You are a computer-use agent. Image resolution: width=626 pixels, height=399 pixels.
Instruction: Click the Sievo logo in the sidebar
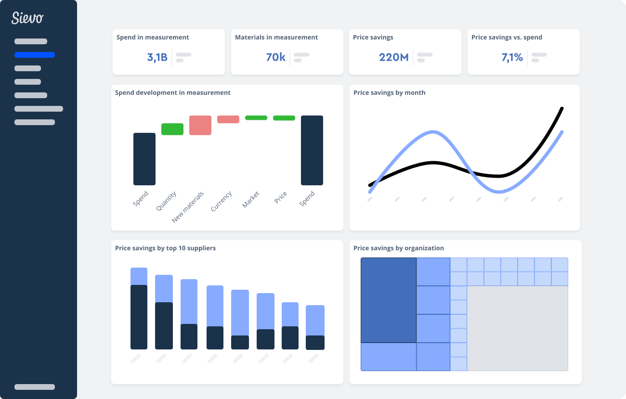click(27, 18)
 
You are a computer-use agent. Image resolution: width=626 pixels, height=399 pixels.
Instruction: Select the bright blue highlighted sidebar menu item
click(35, 55)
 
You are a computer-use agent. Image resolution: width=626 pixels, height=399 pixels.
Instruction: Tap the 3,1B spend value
click(157, 57)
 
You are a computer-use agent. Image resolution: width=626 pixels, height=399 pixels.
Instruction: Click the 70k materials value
click(275, 57)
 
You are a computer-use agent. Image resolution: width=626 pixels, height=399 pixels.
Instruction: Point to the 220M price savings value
click(393, 57)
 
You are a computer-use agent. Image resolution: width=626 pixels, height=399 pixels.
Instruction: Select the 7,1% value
click(512, 57)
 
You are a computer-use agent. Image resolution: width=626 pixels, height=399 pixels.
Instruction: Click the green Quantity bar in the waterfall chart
click(172, 129)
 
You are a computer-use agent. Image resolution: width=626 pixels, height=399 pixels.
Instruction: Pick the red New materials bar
click(200, 125)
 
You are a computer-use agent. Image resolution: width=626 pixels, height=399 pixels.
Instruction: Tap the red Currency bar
click(228, 119)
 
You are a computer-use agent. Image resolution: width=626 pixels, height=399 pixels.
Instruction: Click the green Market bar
click(256, 118)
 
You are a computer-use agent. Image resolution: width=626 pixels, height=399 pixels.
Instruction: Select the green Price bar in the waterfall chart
click(284, 118)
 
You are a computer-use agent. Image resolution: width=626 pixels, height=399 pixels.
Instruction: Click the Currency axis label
click(222, 201)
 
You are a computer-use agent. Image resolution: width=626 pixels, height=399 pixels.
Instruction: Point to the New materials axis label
click(188, 207)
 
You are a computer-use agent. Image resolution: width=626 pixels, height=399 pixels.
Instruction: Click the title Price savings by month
click(389, 92)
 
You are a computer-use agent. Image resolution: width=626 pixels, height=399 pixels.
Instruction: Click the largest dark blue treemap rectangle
click(389, 300)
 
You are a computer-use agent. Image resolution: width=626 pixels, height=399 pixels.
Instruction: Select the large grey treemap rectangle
click(517, 328)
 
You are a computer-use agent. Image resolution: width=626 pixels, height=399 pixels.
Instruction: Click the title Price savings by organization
click(398, 248)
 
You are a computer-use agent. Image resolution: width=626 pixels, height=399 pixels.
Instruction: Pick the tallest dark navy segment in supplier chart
click(139, 317)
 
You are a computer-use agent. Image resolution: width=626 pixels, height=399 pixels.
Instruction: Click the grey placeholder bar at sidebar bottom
click(35, 387)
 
